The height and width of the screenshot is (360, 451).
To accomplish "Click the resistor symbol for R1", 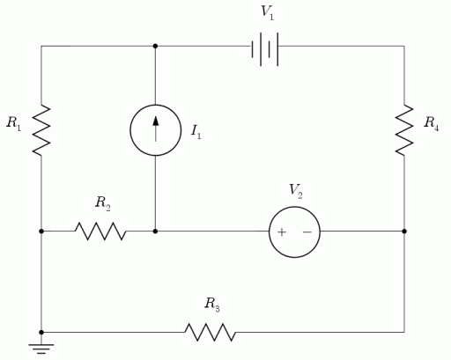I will [41, 129].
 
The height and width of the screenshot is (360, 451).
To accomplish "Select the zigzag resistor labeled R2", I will [100, 231].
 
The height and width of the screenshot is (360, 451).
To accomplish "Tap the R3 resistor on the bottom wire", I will [210, 332].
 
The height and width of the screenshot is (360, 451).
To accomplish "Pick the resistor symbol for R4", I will [404, 129].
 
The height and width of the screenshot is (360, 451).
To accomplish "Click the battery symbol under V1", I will [266, 49].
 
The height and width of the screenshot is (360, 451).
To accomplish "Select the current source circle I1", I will [155, 130].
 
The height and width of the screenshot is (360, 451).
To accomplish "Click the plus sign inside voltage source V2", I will [282, 232].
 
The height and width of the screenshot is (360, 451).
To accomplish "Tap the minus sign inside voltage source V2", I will [307, 232].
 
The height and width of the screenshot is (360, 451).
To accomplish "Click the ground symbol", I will [41, 348].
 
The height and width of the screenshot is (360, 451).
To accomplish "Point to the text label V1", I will [267, 11].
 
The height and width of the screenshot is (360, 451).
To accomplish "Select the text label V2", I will [296, 190].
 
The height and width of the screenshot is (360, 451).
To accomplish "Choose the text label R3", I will [212, 305].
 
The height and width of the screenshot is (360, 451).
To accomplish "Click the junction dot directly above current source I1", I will [155, 46].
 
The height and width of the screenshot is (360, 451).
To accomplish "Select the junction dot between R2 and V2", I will [155, 231].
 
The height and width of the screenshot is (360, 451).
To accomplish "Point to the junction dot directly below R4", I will [404, 231].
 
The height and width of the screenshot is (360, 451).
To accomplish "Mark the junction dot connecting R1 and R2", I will [41, 231].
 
